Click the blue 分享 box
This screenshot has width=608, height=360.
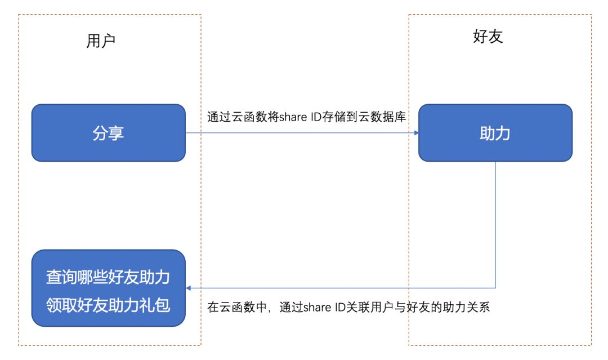(108, 133)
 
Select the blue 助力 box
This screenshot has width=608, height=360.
(495, 133)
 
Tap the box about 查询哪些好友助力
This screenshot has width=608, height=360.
(108, 288)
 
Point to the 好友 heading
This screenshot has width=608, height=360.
(488, 37)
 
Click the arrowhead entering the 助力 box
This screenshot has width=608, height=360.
(415, 133)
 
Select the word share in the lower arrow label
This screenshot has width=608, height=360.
(318, 308)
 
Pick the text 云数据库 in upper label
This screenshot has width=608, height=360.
(386, 117)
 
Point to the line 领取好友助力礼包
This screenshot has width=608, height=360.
(108, 306)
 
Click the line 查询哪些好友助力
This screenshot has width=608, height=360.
(108, 277)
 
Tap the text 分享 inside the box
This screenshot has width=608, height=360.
(108, 133)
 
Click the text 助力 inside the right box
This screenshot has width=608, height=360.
(495, 133)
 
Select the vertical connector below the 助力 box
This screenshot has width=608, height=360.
(495, 225)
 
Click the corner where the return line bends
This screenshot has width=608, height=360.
(495, 288)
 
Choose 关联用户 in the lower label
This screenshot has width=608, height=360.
(369, 308)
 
